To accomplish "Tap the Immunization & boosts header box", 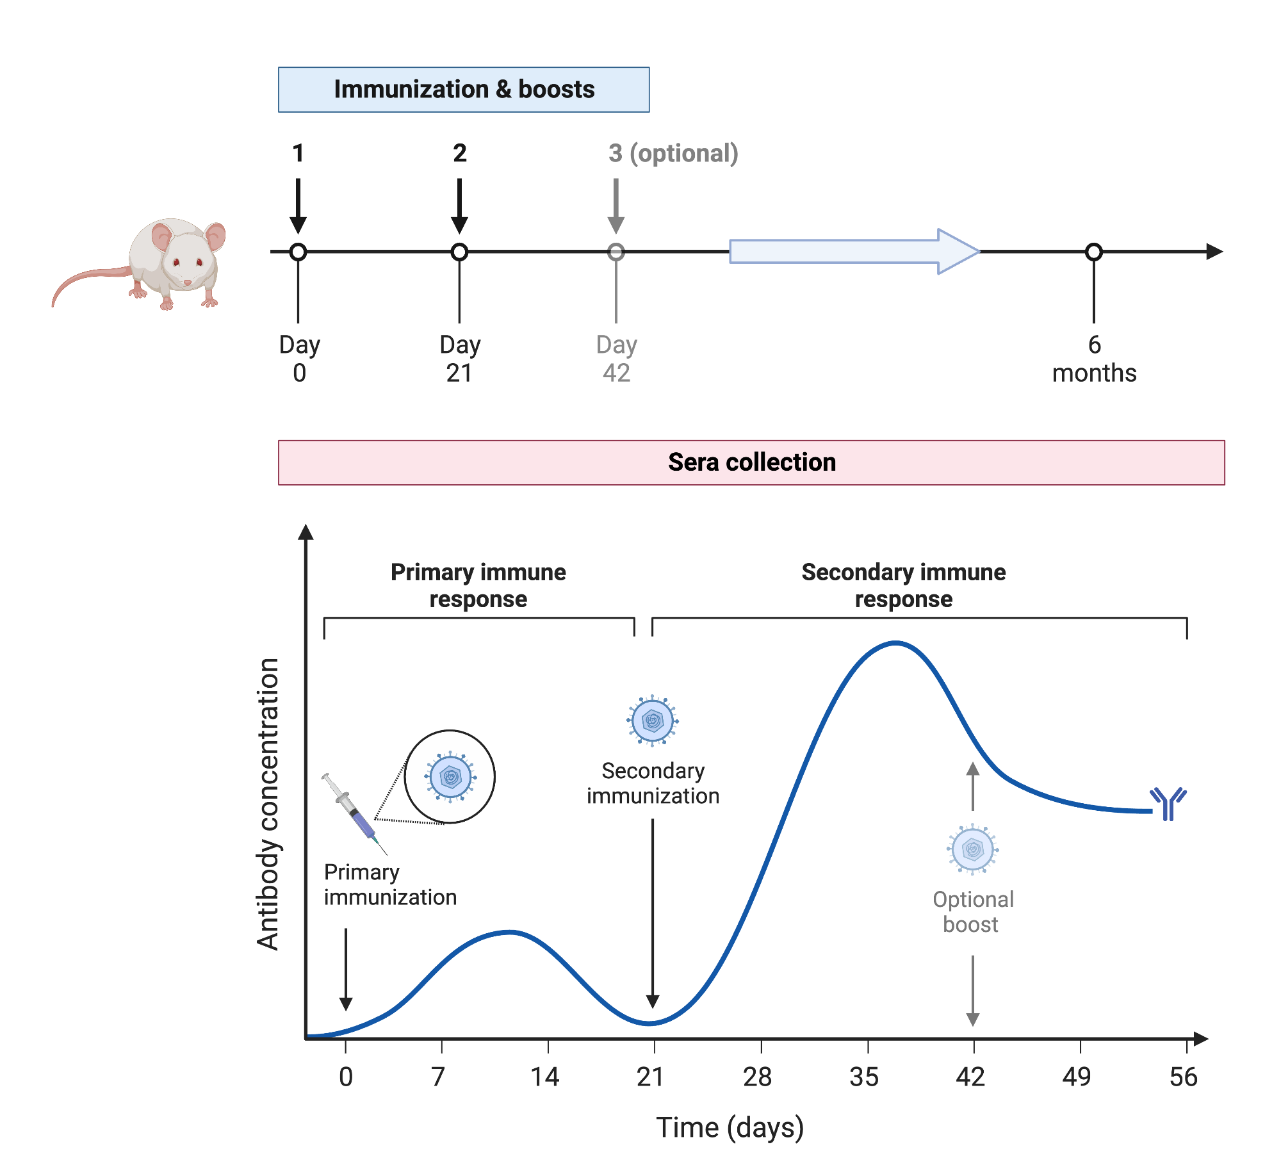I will click(x=464, y=90).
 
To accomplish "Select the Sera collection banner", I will click(x=751, y=462).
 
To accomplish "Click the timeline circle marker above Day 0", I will click(x=298, y=252).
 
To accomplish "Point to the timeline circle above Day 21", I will click(x=459, y=252).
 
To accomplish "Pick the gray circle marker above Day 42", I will click(x=616, y=252).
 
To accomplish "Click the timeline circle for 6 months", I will click(x=1094, y=252).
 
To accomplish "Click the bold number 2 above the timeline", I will click(x=460, y=154).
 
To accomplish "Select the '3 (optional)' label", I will click(x=673, y=154).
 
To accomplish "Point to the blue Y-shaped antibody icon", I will click(x=1168, y=803).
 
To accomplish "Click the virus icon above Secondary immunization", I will click(x=653, y=721).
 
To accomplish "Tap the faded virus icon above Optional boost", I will click(x=973, y=850).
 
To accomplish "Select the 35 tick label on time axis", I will click(x=864, y=1077).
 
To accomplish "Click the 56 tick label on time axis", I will click(x=1183, y=1077).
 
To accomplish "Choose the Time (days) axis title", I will click(x=730, y=1128).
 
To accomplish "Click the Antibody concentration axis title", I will click(x=268, y=804).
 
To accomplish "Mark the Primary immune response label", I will click(x=478, y=585).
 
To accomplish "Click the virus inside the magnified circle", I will click(x=451, y=777).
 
